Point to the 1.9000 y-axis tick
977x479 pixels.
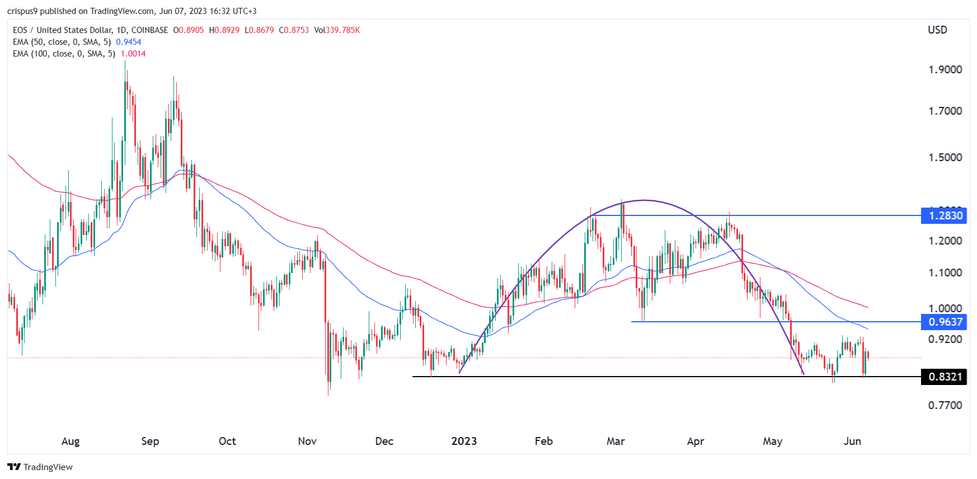click(x=945, y=69)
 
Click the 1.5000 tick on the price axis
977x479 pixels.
click(x=945, y=157)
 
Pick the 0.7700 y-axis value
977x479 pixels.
click(x=945, y=405)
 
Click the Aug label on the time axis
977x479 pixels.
click(x=71, y=441)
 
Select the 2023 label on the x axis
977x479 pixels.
click(x=464, y=441)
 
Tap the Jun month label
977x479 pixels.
click(x=852, y=441)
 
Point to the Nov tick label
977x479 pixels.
click(x=307, y=441)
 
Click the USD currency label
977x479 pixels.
click(x=937, y=30)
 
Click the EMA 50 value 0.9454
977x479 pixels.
click(x=129, y=42)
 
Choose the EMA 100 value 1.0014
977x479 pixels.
click(x=133, y=54)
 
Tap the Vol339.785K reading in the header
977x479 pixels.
click(x=337, y=30)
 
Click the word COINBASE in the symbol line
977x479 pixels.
click(x=149, y=30)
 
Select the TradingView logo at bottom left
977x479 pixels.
click(x=40, y=467)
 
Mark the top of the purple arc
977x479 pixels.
click(x=645, y=200)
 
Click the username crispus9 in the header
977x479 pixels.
click(x=22, y=11)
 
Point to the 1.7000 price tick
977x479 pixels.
click(x=945, y=111)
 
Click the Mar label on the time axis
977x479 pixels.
click(x=616, y=441)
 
